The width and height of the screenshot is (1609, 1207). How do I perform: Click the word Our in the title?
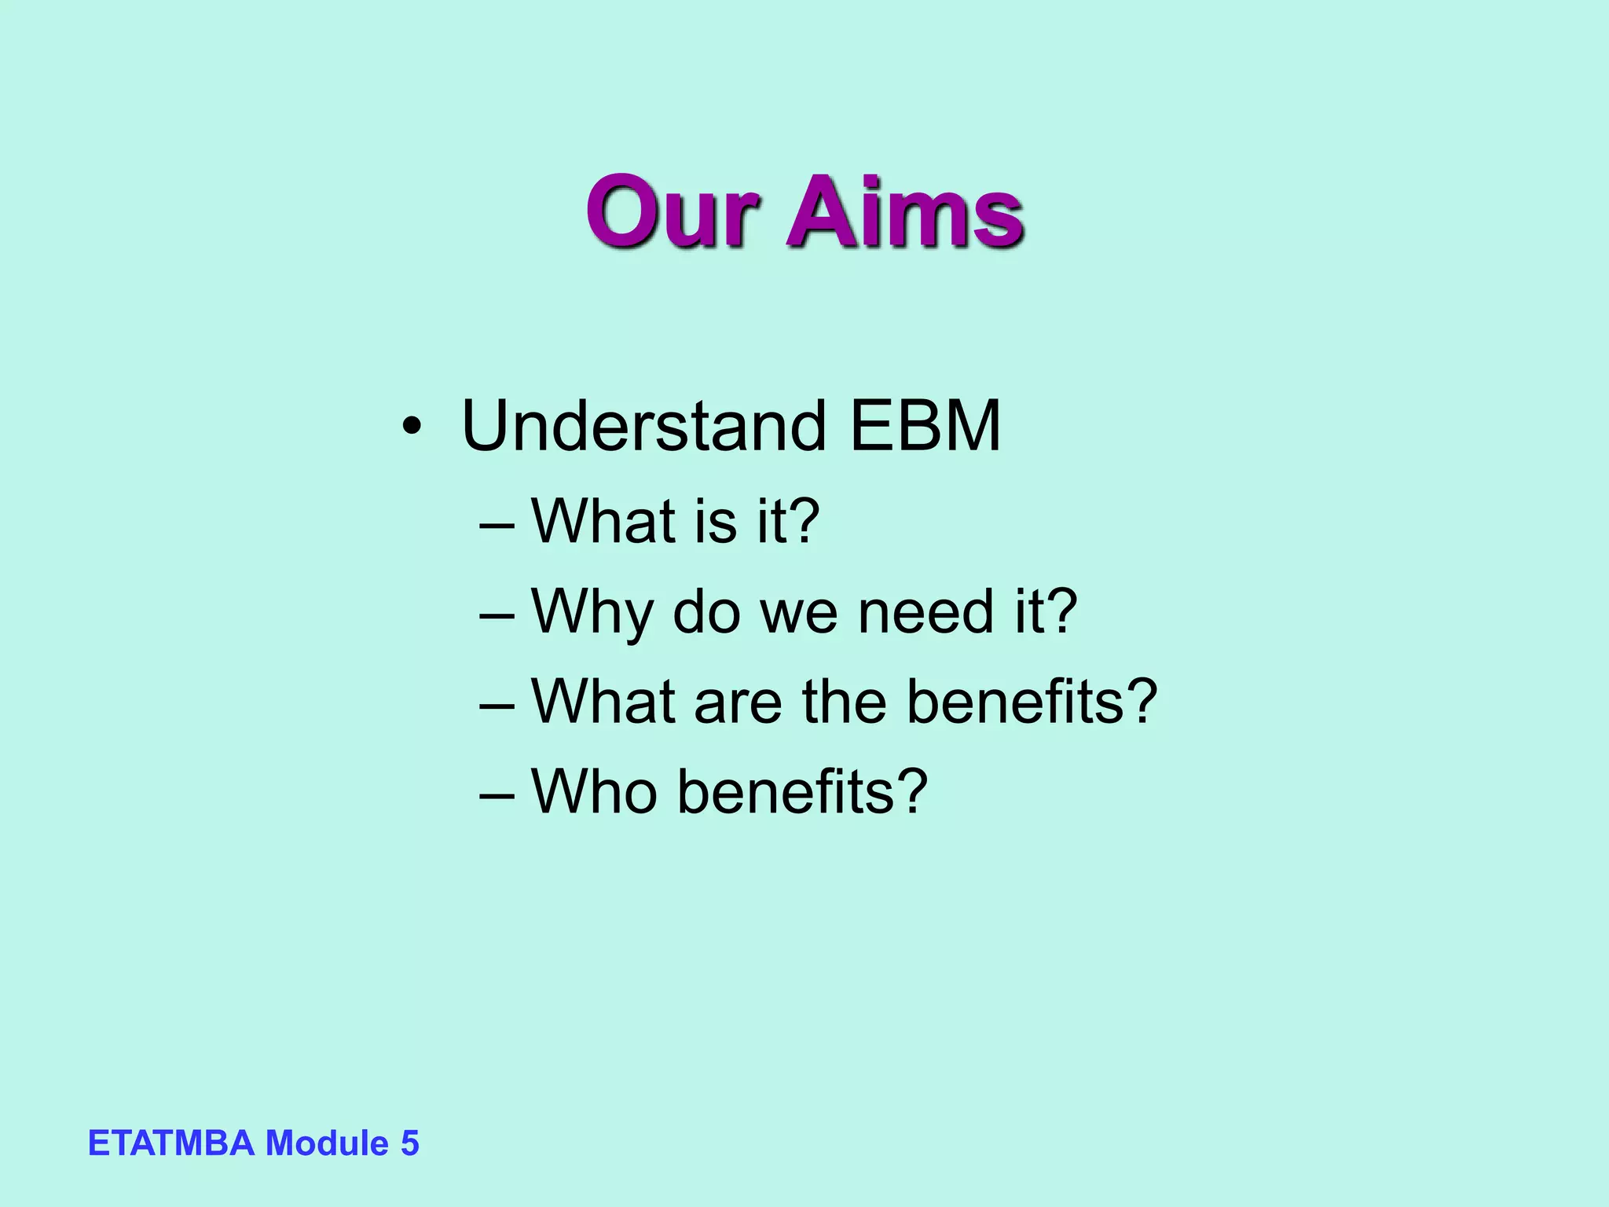[x=673, y=212]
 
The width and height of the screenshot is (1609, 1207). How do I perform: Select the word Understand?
[x=643, y=427]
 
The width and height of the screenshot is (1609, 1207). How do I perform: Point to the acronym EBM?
[x=925, y=427]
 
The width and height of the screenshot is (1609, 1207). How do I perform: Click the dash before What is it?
[x=497, y=523]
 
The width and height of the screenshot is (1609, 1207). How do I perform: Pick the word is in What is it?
[x=716, y=522]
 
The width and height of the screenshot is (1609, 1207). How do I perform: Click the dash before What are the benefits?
[x=497, y=703]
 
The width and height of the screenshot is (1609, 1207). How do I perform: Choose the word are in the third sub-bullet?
[x=738, y=703]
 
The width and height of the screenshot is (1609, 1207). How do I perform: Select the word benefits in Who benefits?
[x=786, y=791]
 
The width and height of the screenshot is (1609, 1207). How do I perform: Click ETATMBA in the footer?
[x=171, y=1143]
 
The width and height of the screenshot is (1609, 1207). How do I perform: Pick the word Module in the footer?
[x=327, y=1143]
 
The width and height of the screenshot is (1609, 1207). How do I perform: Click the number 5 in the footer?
[x=409, y=1143]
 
